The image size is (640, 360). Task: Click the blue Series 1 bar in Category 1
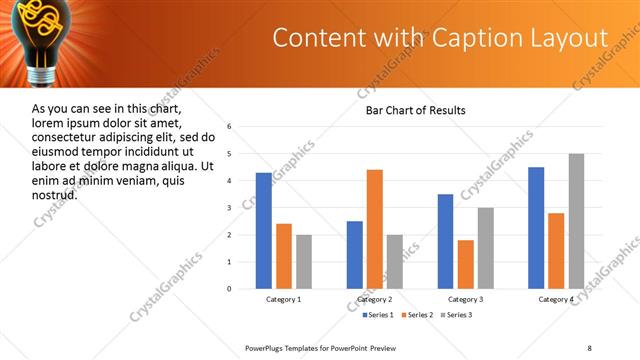[264, 230]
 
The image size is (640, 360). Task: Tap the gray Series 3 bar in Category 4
[576, 221]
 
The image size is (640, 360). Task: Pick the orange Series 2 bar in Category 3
[466, 264]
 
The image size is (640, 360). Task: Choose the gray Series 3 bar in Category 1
[304, 262]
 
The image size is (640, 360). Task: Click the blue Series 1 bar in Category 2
[355, 255]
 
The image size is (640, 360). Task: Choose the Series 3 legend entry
[458, 315]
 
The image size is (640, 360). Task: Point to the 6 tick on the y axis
[229, 127]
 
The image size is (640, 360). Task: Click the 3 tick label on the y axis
[229, 208]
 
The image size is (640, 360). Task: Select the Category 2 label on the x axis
[375, 299]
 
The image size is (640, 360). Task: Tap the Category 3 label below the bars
[466, 299]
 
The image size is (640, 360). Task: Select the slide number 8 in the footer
[589, 347]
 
